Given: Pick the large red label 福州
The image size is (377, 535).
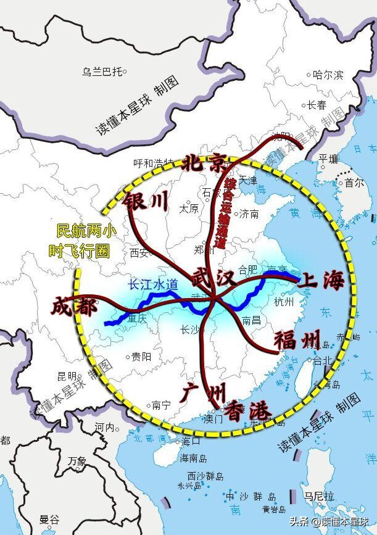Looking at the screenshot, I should [297, 339].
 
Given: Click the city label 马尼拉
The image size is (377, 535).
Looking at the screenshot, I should [318, 496].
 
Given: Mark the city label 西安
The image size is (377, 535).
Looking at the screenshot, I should [140, 252].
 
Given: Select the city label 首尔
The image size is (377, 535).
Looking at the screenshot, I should [354, 183].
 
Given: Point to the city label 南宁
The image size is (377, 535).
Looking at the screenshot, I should [161, 405].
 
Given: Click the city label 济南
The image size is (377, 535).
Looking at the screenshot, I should [249, 214].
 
